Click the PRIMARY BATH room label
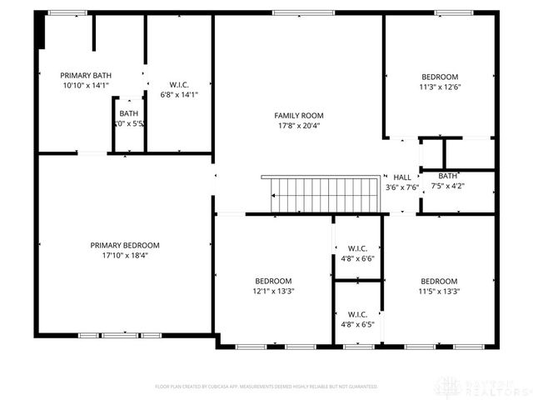click(x=86, y=75)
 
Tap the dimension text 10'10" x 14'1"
click(x=86, y=85)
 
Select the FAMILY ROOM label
click(x=299, y=115)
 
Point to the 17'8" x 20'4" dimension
click(x=299, y=126)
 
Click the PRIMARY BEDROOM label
click(x=125, y=245)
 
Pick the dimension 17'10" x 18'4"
click(x=125, y=256)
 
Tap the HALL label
click(x=402, y=177)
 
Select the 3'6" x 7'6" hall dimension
click(x=402, y=187)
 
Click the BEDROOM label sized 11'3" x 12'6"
click(x=439, y=77)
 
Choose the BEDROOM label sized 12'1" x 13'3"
click(x=273, y=281)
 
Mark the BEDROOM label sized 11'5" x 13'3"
click(x=439, y=281)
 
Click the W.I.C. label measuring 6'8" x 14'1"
click(x=179, y=84)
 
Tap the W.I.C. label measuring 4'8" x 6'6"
click(x=358, y=248)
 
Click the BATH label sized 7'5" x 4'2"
click(x=448, y=176)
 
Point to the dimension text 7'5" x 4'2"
click(x=448, y=186)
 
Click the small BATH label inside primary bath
click(x=129, y=113)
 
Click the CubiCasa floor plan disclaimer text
click(x=266, y=387)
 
